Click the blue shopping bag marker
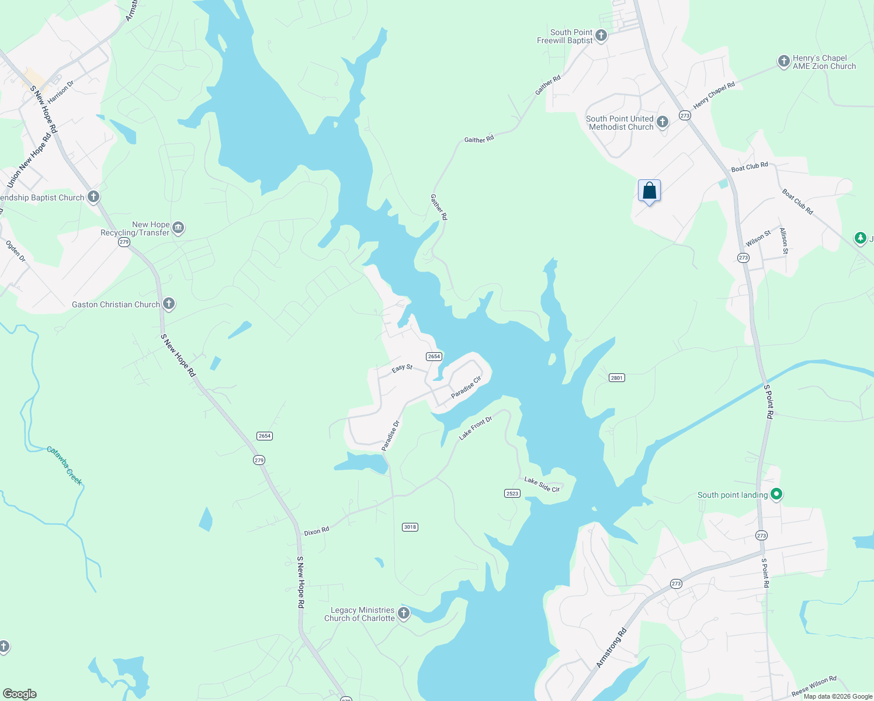(x=649, y=191)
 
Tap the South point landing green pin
(x=776, y=495)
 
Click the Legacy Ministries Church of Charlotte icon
(x=403, y=613)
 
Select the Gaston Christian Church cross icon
(x=169, y=304)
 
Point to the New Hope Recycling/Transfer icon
(x=178, y=228)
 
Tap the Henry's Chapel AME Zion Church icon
(x=783, y=61)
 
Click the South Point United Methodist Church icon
(x=662, y=122)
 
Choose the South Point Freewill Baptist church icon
(x=601, y=36)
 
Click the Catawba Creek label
(x=64, y=466)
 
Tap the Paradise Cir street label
(x=466, y=387)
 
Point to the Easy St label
(x=402, y=369)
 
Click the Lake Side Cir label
(x=542, y=484)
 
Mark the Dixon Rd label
(x=317, y=532)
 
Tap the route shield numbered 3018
(x=410, y=527)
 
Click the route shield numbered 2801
(x=617, y=378)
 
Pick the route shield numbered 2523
(x=512, y=494)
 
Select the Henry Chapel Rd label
(x=714, y=95)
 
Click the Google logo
(x=20, y=694)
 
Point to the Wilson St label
(x=758, y=239)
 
